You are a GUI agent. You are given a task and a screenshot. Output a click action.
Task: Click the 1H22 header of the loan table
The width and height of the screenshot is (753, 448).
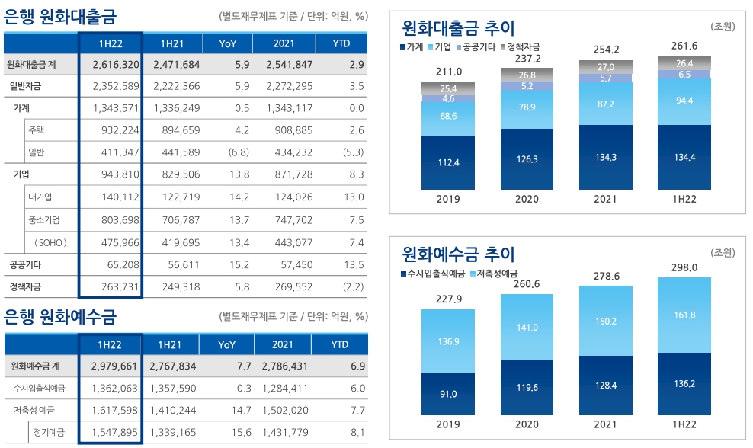(x=111, y=43)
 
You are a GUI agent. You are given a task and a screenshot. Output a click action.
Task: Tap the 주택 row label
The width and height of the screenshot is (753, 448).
(x=37, y=130)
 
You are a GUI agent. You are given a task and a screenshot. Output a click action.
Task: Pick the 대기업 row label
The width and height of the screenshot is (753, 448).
(x=40, y=197)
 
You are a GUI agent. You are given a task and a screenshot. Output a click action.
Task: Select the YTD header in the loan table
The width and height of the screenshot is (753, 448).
(x=341, y=43)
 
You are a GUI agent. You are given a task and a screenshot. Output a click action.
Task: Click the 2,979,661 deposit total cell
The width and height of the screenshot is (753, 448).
(x=113, y=366)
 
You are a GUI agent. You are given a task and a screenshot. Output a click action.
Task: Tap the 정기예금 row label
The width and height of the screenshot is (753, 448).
(x=48, y=433)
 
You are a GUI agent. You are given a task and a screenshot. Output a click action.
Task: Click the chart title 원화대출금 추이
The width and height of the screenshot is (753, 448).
(x=458, y=28)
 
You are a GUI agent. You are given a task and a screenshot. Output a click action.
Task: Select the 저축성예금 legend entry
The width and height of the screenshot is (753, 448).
(x=498, y=273)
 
